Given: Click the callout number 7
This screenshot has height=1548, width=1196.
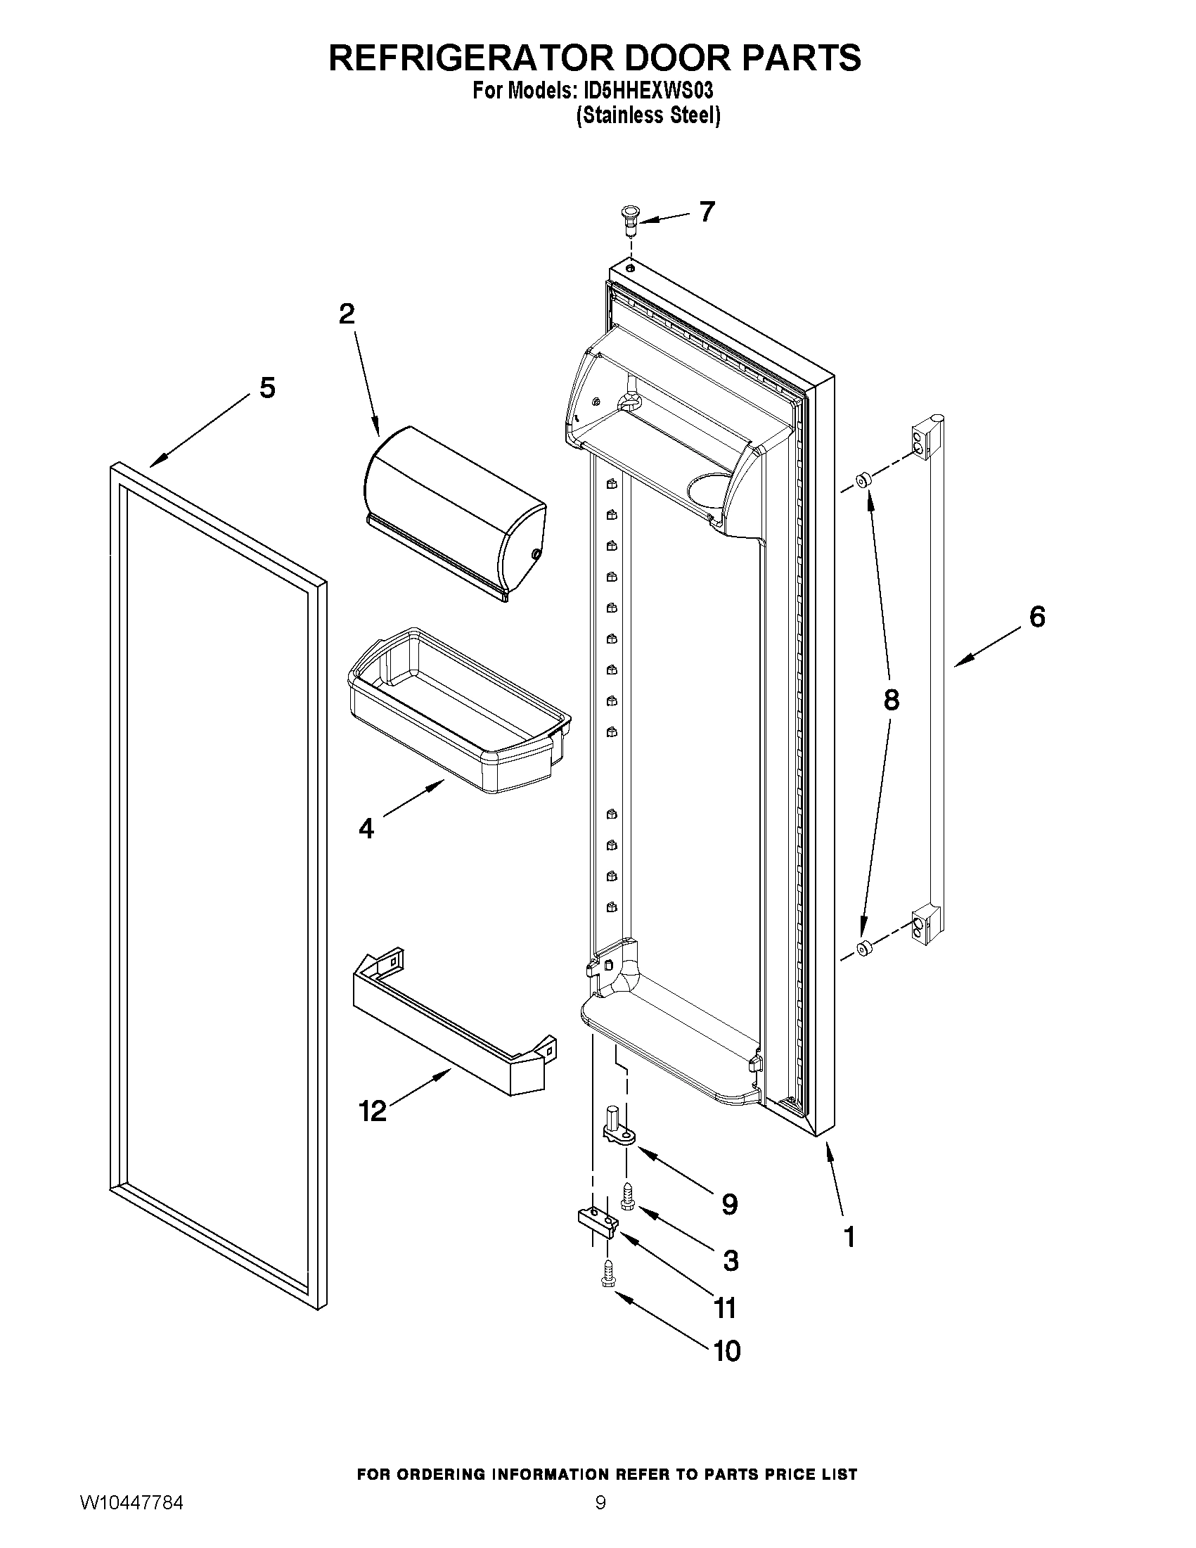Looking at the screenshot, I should point(707,211).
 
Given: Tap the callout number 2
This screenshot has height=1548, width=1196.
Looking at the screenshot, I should point(347,313).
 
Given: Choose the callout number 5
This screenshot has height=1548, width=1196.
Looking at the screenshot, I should point(267,388).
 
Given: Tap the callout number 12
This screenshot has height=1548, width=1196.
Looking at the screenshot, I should point(373,1110).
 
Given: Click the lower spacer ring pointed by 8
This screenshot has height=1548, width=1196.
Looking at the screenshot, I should point(862,948).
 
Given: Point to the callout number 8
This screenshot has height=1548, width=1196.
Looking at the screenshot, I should point(892,700).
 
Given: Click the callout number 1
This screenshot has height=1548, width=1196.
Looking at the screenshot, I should point(849,1237).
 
